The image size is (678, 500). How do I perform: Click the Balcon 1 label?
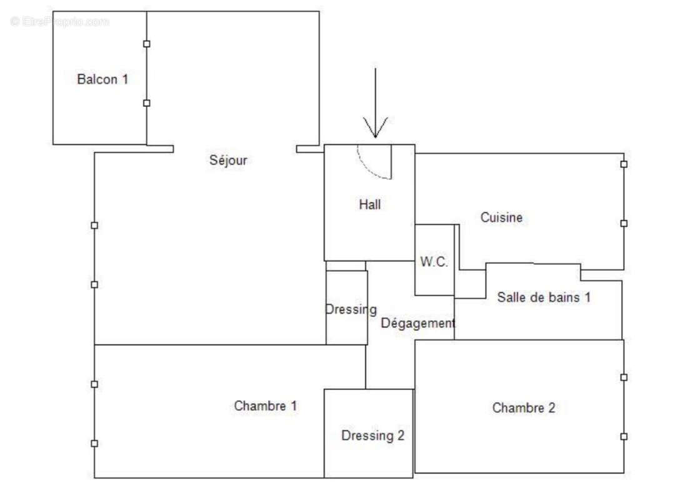[x=102, y=79]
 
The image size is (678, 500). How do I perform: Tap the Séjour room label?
[x=228, y=160]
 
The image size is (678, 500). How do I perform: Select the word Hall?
[x=370, y=204]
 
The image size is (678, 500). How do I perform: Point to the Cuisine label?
[x=501, y=217]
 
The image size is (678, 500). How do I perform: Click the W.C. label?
[x=434, y=262]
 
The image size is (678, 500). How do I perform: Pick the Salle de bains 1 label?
[x=544, y=297]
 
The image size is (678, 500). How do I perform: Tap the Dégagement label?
[x=418, y=323]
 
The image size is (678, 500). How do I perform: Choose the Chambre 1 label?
[x=266, y=406]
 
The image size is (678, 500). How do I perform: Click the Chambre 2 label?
[x=524, y=408]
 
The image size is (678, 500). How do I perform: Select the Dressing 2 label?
[x=372, y=436]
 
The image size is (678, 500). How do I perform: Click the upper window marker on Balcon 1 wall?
[x=147, y=44]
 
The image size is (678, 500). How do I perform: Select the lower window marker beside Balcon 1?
[x=147, y=103]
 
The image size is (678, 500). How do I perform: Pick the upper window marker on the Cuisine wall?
[x=624, y=164]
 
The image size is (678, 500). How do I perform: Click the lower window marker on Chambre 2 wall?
[x=624, y=436]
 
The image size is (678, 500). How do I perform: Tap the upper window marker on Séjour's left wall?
[x=94, y=226]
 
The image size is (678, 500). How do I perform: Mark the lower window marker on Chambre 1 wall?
[x=94, y=443]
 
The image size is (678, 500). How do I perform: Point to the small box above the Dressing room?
[x=346, y=266]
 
